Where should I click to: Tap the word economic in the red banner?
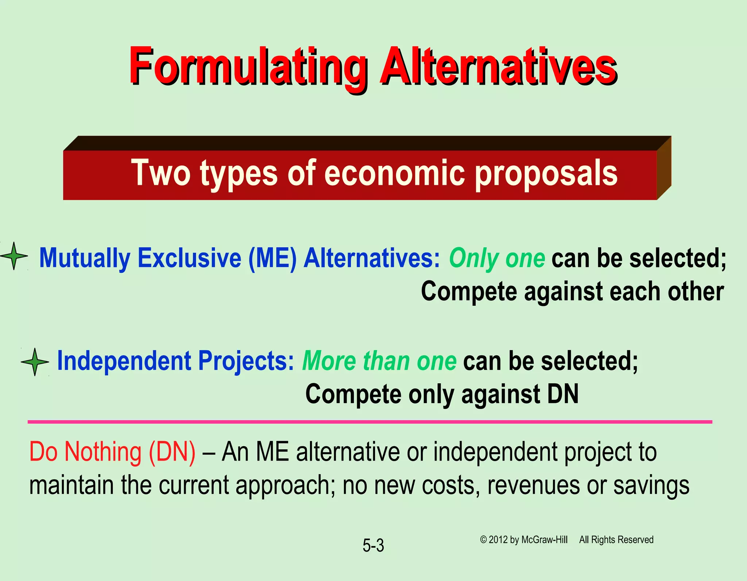tap(395, 173)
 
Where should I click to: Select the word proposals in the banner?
tap(546, 174)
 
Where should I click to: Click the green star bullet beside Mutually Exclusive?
tap(14, 256)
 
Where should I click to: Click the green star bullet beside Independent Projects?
tap(35, 362)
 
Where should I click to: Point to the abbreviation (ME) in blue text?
tap(272, 258)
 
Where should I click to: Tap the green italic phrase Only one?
tap(497, 258)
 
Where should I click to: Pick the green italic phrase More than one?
tap(379, 361)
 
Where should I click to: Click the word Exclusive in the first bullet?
tap(189, 258)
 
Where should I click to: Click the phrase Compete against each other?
tap(572, 292)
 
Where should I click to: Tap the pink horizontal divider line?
tap(370, 422)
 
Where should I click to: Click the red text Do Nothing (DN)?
tap(112, 452)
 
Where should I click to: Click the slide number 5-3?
tap(373, 546)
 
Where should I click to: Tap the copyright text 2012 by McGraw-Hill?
tap(527, 540)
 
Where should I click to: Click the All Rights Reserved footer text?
tap(616, 540)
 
